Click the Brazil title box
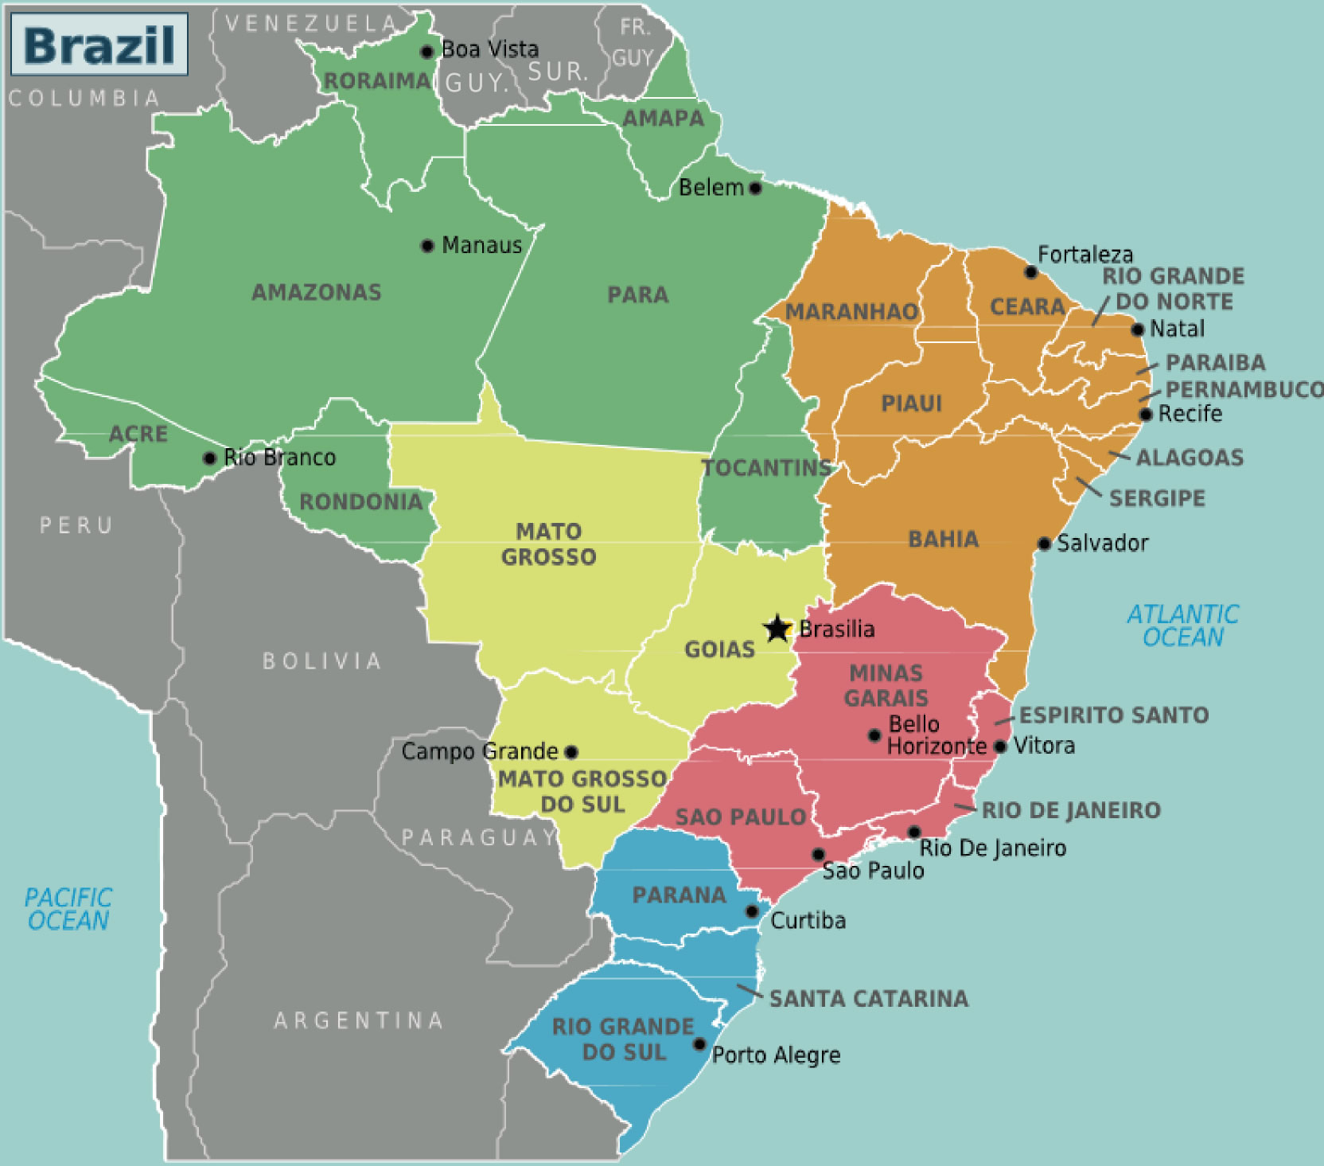[99, 45]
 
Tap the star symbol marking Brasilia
[777, 629]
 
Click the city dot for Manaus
[427, 245]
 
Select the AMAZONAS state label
[317, 292]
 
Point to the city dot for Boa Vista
[426, 52]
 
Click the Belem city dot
[755, 188]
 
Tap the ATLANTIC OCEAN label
[1183, 626]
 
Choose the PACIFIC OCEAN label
[68, 909]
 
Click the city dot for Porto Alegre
[699, 1044]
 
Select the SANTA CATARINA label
[869, 999]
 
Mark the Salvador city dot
[1044, 544]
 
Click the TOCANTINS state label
[766, 468]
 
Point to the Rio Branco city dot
[209, 458]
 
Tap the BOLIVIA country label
[322, 661]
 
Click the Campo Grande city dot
[570, 751]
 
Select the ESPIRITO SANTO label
[1114, 715]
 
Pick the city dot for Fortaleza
[1030, 272]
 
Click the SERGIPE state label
[1157, 498]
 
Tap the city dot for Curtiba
[752, 911]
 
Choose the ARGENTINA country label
[359, 1020]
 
